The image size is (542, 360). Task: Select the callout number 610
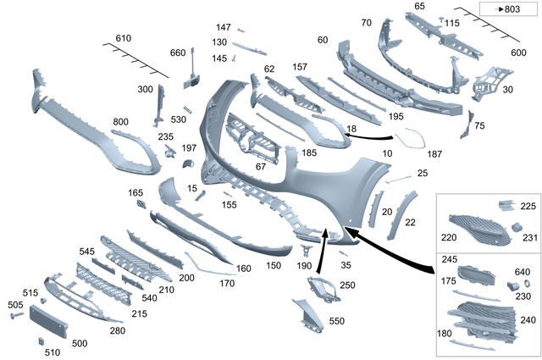pyautogui.click(x=124, y=39)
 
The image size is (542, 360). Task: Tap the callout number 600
pyautogui.click(x=518, y=53)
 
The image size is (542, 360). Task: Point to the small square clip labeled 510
pyautogui.click(x=41, y=341)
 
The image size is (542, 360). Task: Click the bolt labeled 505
pyautogui.click(x=16, y=314)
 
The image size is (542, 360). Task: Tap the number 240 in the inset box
pyautogui.click(x=528, y=321)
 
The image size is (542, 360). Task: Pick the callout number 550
pyautogui.click(x=335, y=322)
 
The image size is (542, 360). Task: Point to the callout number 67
pyautogui.click(x=260, y=166)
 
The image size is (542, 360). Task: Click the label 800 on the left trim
pyautogui.click(x=121, y=122)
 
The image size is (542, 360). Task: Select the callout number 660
pyautogui.click(x=177, y=53)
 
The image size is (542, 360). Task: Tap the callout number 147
pyautogui.click(x=223, y=27)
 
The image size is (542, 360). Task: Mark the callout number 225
pyautogui.click(x=528, y=206)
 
